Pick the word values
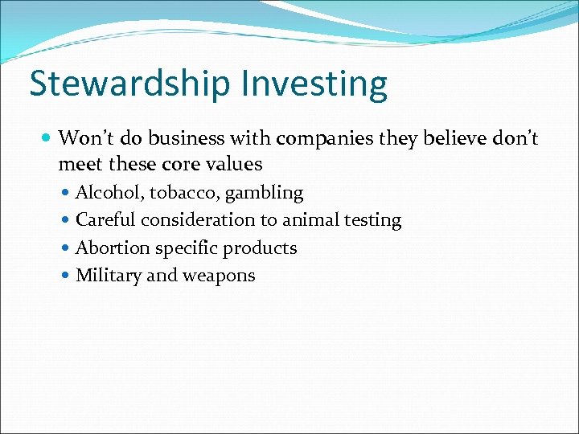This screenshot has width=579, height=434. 233,165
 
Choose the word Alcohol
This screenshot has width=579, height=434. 108,193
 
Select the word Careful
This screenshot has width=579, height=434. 105,220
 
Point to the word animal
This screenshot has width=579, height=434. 310,220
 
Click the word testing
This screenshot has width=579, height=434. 373,220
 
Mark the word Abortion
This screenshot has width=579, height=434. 112,248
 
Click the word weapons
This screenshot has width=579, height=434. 219,276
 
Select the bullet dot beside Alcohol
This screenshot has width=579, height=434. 66,194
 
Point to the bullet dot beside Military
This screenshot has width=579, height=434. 66,276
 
